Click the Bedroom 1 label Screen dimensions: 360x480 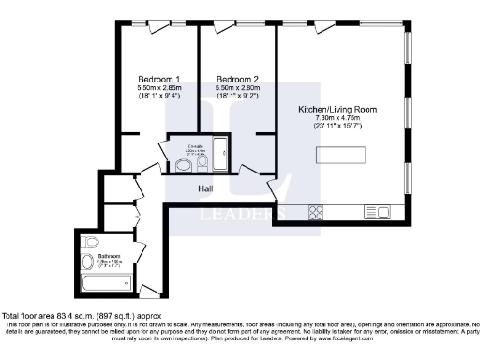[x=158, y=78]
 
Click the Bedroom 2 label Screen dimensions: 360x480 [x=236, y=78]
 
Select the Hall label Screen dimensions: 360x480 [x=207, y=187]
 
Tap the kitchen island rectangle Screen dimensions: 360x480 [x=379, y=156]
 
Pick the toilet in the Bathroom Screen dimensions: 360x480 [x=90, y=261]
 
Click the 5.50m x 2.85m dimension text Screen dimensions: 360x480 [x=158, y=87]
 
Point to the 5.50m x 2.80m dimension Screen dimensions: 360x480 [x=236, y=87]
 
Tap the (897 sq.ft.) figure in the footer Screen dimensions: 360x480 [x=112, y=316]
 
